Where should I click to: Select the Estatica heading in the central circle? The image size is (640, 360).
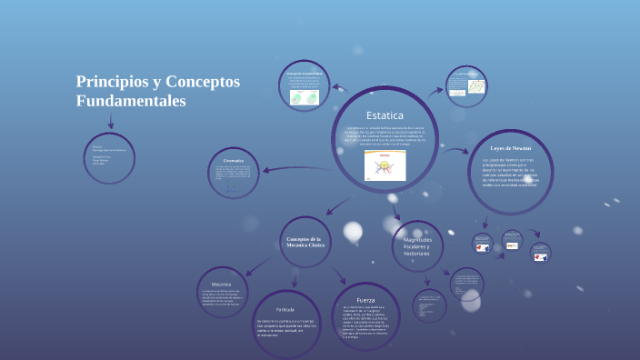[385, 115]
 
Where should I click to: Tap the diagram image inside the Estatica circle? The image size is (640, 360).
[384, 165]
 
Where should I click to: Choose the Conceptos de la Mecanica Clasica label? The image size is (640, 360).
[305, 241]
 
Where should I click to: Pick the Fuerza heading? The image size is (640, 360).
[365, 300]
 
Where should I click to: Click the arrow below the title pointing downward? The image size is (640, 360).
[111, 122]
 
